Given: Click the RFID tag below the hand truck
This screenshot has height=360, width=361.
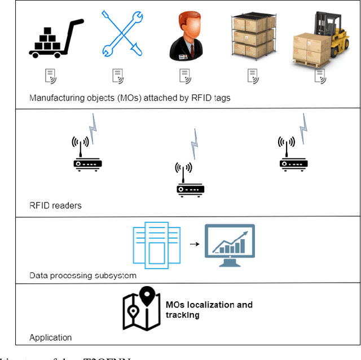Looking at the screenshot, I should (x=50, y=76).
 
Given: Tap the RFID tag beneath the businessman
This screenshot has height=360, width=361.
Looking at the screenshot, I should (x=184, y=76).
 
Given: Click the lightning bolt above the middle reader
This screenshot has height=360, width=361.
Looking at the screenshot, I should (x=195, y=143).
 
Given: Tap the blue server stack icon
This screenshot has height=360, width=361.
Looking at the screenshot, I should (x=156, y=244).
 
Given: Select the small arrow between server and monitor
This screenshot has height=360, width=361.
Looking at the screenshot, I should (x=194, y=244).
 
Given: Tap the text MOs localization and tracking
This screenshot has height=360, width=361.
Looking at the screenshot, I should (x=209, y=310).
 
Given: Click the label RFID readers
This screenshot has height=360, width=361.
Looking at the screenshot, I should (x=55, y=205).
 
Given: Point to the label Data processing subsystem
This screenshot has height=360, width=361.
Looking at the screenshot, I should (x=83, y=276).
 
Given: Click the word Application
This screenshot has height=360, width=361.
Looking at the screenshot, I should (x=51, y=338).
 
